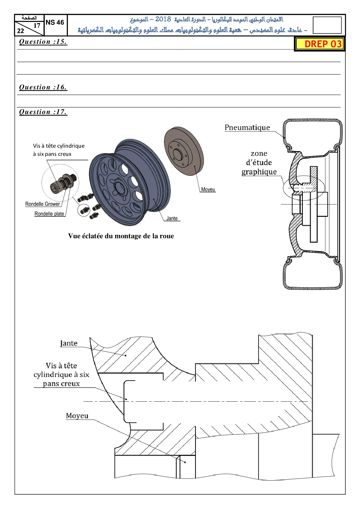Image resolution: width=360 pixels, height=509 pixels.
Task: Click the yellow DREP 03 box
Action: [x=320, y=44]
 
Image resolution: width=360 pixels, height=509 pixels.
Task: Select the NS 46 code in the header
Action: [x=55, y=22]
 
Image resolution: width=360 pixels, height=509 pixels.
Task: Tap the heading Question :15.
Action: [x=43, y=42]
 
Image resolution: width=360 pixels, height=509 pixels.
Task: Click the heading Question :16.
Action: [x=43, y=87]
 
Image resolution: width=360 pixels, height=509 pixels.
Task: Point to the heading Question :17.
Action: [x=43, y=112]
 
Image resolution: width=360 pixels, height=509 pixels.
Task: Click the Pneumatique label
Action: [x=247, y=128]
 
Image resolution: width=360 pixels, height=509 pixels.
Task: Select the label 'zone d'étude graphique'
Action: [x=259, y=163]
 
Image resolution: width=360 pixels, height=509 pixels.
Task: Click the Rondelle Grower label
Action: [x=43, y=204]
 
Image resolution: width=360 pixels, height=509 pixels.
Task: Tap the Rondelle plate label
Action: [x=49, y=214]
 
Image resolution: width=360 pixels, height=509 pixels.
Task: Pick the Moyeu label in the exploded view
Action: [x=208, y=189]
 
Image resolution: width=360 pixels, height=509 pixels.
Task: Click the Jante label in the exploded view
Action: [x=172, y=219]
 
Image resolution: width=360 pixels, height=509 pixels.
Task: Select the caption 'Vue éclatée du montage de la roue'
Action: [x=121, y=236]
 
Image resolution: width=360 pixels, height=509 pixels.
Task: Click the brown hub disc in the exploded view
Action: [x=183, y=151]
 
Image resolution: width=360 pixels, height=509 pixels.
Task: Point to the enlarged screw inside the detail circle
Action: [x=63, y=183]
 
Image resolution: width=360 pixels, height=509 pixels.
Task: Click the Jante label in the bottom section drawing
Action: [x=69, y=343]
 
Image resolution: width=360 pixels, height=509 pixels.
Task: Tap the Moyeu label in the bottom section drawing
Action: [x=77, y=416]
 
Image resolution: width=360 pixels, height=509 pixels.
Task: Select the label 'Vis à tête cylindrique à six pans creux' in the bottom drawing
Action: [x=61, y=375]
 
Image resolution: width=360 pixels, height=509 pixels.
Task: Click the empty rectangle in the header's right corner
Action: [x=327, y=25]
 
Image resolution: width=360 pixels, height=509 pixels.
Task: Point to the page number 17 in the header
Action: [x=37, y=26]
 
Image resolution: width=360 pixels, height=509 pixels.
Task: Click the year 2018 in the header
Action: [x=163, y=19]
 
